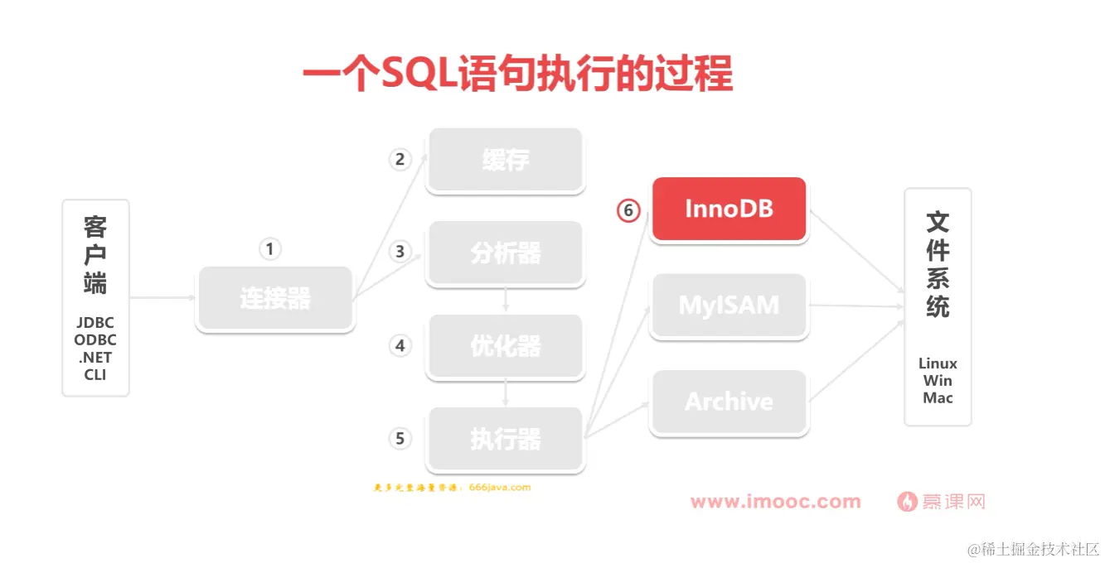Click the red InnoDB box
click(729, 209)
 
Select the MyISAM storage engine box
click(729, 305)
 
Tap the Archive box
click(729, 402)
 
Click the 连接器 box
click(275, 298)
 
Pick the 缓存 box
click(506, 160)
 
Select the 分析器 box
click(506, 253)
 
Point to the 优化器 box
click(506, 346)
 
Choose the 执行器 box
click(506, 439)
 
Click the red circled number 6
click(628, 211)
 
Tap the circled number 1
click(269, 248)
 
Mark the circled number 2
click(400, 159)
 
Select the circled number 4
click(400, 345)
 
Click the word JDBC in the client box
click(95, 323)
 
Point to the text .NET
click(95, 358)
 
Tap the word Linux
click(938, 363)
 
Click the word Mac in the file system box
click(938, 398)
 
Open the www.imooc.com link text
click(775, 502)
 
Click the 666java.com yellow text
click(499, 488)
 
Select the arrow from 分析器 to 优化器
click(506, 300)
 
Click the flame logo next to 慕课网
click(907, 502)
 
